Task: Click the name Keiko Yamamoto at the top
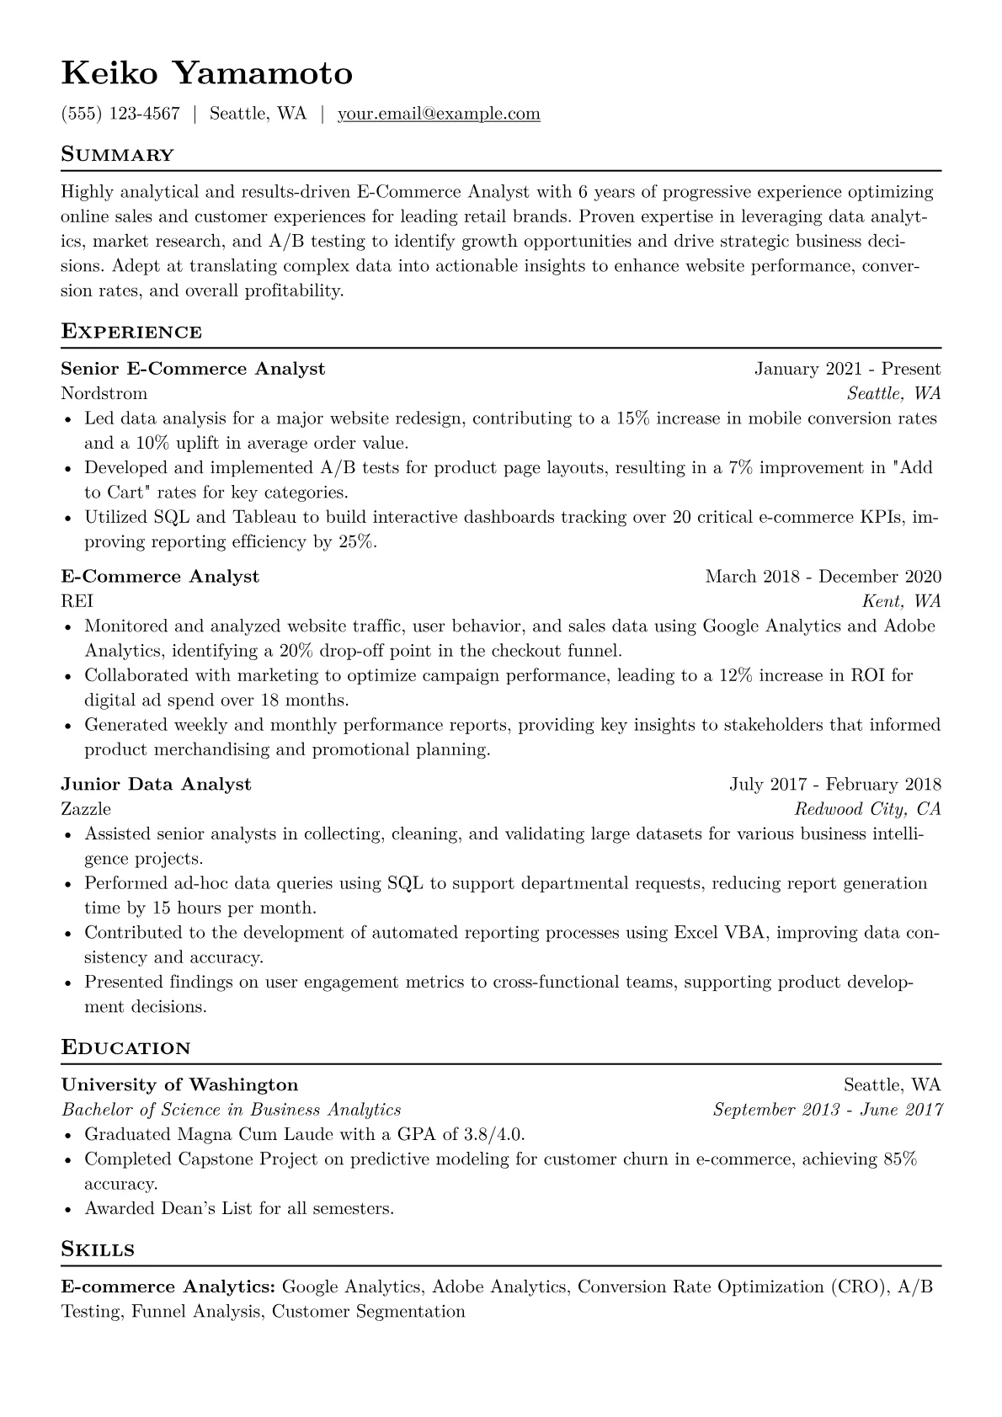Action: pyautogui.click(x=206, y=74)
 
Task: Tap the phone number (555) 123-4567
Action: pyautogui.click(x=120, y=114)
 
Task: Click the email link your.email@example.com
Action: pyautogui.click(x=439, y=114)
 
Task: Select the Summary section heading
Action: pyautogui.click(x=117, y=155)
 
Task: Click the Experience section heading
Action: pyautogui.click(x=131, y=332)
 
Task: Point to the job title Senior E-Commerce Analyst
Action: pyautogui.click(x=193, y=369)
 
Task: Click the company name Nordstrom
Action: pyautogui.click(x=104, y=393)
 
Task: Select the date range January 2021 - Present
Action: pyautogui.click(x=847, y=369)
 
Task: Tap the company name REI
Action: pyautogui.click(x=77, y=601)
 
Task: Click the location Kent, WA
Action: pyautogui.click(x=901, y=601)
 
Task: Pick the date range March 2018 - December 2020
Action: pyautogui.click(x=823, y=577)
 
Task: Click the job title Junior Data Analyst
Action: pyautogui.click(x=156, y=785)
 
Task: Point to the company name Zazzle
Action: pyautogui.click(x=86, y=809)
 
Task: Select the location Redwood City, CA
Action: pyautogui.click(x=867, y=809)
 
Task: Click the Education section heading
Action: pyautogui.click(x=125, y=1048)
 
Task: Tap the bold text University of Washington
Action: pyautogui.click(x=179, y=1084)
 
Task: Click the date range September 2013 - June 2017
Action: pyautogui.click(x=827, y=1110)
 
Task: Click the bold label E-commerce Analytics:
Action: pyautogui.click(x=168, y=1286)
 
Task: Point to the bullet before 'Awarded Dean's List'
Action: pyautogui.click(x=68, y=1209)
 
